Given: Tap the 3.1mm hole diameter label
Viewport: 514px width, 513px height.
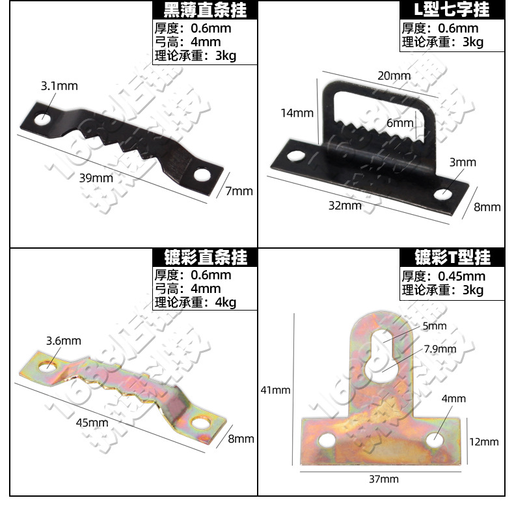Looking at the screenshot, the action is click(59, 85).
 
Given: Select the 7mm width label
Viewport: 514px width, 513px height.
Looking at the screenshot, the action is click(239, 191).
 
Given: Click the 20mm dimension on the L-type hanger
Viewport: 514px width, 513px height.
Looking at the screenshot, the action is click(394, 76).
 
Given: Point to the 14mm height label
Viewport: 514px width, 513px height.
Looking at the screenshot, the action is click(297, 113).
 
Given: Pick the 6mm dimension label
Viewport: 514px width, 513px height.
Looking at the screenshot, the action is click(399, 123).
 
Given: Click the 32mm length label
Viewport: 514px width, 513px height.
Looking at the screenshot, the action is click(345, 206).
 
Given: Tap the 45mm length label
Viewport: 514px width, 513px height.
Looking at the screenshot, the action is click(92, 423).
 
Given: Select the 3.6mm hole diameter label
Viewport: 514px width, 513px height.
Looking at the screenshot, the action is click(64, 340).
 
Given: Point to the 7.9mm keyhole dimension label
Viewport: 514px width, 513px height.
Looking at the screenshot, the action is click(440, 349).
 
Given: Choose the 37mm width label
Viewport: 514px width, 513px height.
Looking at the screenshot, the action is click(383, 480).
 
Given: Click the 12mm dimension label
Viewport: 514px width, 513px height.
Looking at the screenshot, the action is click(484, 442).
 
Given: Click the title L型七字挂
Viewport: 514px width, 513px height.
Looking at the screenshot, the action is click(453, 10).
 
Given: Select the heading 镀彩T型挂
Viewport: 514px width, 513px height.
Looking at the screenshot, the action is click(453, 257).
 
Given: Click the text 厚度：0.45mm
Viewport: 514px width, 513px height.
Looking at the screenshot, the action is click(443, 276).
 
